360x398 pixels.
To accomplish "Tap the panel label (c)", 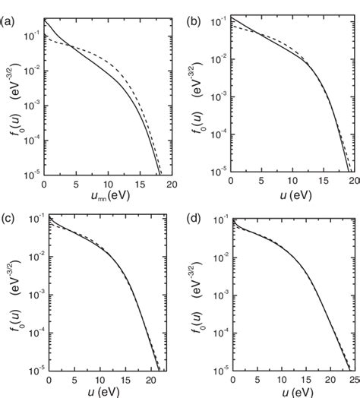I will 8,206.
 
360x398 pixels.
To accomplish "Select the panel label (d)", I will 194,206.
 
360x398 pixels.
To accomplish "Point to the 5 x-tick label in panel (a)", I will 76,185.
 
